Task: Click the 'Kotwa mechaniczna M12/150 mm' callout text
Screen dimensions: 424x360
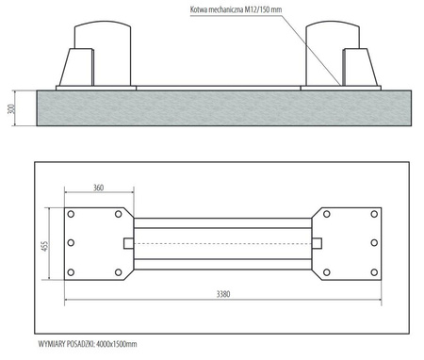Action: pos(236,9)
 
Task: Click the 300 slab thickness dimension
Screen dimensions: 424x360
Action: pos(11,108)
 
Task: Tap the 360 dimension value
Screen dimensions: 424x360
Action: pos(98,188)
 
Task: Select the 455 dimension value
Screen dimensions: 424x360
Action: pos(45,246)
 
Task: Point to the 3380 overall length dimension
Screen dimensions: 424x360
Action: pos(223,294)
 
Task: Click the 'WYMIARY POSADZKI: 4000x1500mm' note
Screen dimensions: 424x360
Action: pos(88,344)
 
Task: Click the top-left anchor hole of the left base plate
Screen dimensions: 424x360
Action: pos(71,214)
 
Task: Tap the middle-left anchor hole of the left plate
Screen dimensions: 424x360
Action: pos(71,243)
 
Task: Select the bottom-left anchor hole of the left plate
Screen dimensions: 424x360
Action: pos(71,272)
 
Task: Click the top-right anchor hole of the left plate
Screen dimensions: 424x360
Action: pos(118,214)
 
